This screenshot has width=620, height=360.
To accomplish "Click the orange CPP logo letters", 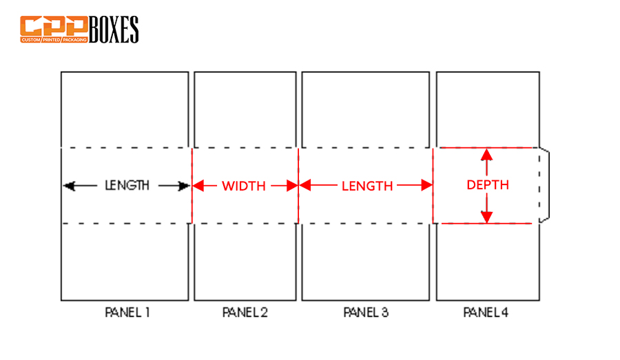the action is (54, 26).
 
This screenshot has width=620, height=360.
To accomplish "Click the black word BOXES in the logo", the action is (114, 29).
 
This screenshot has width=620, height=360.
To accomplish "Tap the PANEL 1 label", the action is (127, 313).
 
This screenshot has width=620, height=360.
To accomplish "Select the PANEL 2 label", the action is (245, 313).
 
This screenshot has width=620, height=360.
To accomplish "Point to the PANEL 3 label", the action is (366, 313).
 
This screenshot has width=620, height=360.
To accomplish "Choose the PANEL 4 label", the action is (486, 313).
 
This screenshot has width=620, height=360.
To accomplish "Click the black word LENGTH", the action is (127, 185).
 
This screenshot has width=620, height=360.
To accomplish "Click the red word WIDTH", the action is (244, 186).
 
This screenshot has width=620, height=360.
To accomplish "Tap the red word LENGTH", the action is (367, 186).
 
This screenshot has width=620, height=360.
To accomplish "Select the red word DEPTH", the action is (488, 185).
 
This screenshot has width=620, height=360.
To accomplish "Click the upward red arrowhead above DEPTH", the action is (487, 154).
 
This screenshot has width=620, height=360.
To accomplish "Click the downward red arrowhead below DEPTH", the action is (487, 217).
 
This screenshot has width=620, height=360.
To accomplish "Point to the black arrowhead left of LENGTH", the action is (69, 186).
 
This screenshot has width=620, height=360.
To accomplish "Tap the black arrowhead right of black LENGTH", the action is (184, 186).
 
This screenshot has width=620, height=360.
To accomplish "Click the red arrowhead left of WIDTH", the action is (198, 185).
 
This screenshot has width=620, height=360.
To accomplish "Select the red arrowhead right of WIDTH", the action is (292, 185).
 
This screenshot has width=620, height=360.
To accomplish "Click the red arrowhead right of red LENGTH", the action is (427, 185).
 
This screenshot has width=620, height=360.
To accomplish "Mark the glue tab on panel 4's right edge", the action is (544, 185).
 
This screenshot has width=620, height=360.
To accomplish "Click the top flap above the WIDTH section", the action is (245, 109).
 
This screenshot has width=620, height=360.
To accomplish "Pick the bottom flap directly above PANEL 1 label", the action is (125, 262).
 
